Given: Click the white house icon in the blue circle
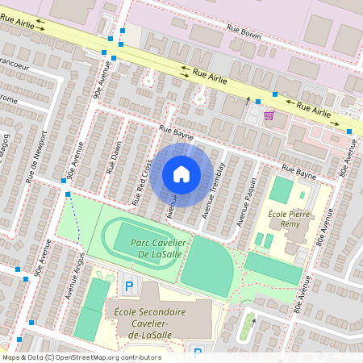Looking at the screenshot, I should [x=181, y=173].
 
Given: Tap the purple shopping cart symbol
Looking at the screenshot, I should [x=269, y=116].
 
